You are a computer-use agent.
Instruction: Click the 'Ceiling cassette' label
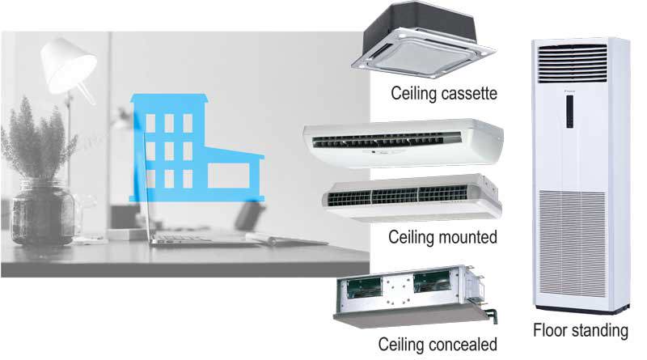pos(443,95)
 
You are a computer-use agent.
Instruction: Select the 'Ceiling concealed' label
pos(444,345)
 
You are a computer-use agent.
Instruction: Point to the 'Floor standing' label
pos(580,330)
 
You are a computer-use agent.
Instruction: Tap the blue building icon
pos(186,150)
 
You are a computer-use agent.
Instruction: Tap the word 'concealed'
pos(466,345)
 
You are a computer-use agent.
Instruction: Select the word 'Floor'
pos(550,330)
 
